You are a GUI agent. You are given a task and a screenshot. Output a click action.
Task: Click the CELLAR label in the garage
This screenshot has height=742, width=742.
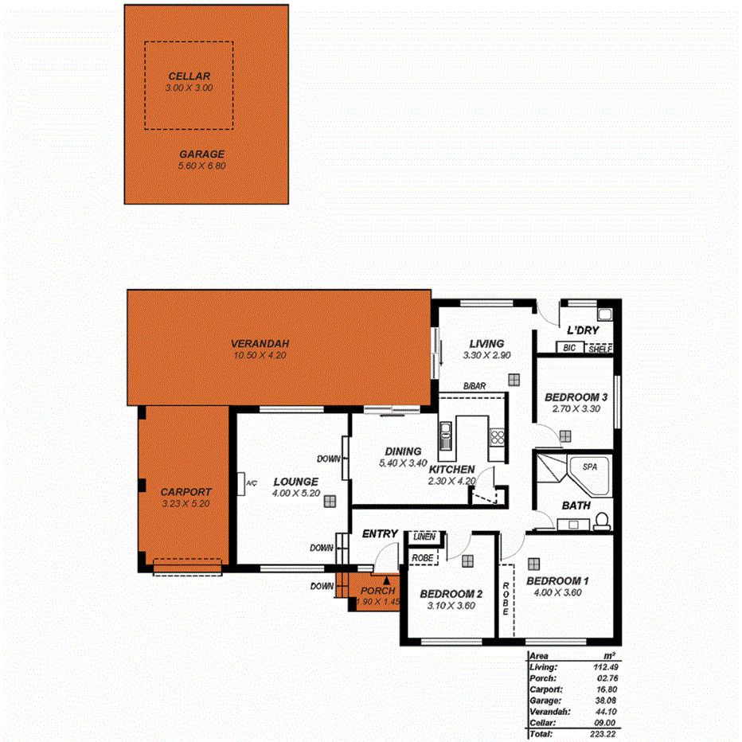point(189,76)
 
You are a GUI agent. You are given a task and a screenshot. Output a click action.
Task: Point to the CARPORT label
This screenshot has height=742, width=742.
point(185,491)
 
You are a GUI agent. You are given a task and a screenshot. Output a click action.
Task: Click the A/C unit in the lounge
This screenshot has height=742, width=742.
point(242,483)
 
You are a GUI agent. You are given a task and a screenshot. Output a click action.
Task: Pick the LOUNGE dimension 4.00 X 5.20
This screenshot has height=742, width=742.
point(295,493)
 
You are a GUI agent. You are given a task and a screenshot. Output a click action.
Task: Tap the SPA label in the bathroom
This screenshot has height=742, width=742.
point(589,467)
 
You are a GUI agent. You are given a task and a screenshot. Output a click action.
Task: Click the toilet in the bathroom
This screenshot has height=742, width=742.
point(602,520)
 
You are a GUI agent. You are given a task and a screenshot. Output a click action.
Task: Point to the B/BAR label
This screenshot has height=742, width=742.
point(474,387)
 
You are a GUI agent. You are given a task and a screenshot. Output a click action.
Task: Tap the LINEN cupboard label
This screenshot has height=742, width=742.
point(424,537)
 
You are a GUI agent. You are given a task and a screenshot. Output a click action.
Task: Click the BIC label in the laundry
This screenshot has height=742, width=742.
point(568,348)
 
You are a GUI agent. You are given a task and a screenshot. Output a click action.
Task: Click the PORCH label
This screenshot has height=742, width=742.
point(377,591)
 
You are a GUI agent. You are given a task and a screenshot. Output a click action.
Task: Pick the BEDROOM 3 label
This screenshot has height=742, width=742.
point(576,397)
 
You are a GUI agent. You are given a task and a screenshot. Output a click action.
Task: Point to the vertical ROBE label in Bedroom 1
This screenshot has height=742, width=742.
point(506,600)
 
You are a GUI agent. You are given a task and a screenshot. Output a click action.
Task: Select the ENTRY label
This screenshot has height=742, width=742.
point(380,533)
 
